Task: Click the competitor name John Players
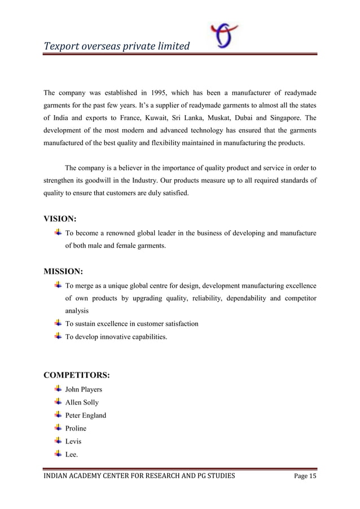(x=84, y=389)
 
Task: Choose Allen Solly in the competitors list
(x=82, y=402)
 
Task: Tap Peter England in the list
(x=86, y=415)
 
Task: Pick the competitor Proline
(x=77, y=428)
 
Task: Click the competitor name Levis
(x=73, y=441)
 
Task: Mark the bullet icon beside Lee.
(x=58, y=454)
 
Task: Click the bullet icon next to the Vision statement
(x=58, y=232)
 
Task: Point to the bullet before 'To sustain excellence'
(x=58, y=323)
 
